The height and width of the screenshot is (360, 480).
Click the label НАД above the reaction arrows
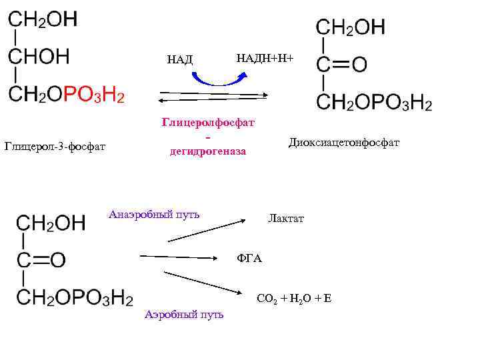[179, 60]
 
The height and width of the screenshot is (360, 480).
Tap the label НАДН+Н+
[265, 59]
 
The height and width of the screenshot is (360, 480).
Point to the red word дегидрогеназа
[208, 151]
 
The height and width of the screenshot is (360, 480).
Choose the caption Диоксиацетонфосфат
[344, 143]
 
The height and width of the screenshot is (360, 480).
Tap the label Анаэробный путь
[154, 215]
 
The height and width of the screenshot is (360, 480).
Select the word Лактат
[286, 219]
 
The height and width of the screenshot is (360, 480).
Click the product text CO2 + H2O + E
[294, 298]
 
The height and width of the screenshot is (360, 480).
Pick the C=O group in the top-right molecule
[341, 64]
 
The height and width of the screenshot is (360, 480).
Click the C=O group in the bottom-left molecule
[41, 259]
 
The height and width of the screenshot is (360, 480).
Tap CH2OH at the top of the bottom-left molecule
[51, 222]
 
